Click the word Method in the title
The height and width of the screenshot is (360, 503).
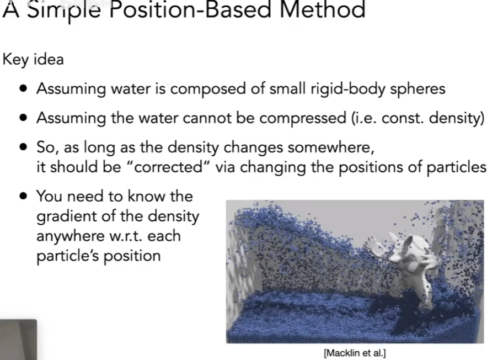[x=323, y=9]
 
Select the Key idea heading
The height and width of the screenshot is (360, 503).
[x=33, y=60]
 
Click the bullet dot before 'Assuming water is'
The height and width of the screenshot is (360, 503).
[x=23, y=88]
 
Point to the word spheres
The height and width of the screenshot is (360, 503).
[x=418, y=89]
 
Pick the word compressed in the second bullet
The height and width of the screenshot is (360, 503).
[x=302, y=119]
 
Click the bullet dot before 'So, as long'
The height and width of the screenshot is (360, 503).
[x=23, y=147]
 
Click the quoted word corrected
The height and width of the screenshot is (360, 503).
[x=168, y=167]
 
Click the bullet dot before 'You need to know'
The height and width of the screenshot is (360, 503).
[x=23, y=195]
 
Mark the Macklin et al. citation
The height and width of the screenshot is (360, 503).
[x=355, y=353]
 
